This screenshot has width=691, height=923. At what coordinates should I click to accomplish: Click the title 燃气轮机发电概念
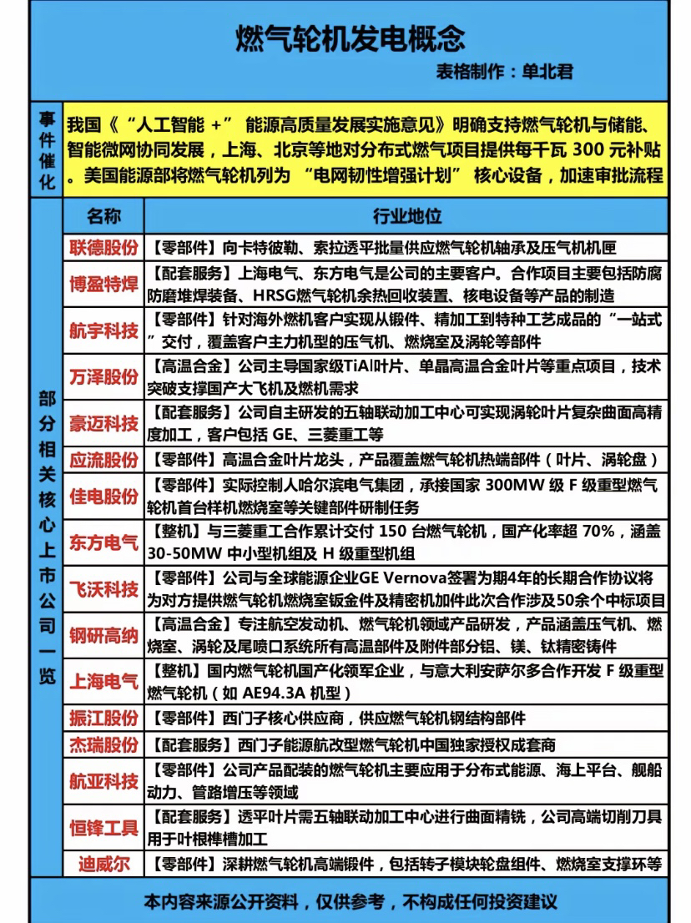[x=345, y=38]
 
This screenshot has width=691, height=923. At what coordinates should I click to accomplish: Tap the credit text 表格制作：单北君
[x=504, y=72]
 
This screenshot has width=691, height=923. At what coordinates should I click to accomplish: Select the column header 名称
[x=103, y=217]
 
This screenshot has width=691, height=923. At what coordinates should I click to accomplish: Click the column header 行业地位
[x=406, y=217]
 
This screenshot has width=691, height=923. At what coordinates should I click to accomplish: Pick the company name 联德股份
[x=103, y=248]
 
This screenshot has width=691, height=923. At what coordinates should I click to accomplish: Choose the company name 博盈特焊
[x=103, y=285]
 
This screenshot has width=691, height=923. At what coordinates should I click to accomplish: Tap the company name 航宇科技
[x=103, y=331]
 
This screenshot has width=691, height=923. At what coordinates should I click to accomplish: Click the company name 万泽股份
[x=103, y=377]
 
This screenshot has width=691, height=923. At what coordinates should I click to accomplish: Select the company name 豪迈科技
[x=103, y=424]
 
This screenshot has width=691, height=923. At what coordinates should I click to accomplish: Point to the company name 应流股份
[x=103, y=460]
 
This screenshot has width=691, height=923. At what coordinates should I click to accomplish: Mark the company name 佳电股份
[x=103, y=497]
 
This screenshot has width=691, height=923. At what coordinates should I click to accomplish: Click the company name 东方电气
[x=103, y=543]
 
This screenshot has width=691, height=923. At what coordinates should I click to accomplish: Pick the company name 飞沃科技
[x=103, y=590]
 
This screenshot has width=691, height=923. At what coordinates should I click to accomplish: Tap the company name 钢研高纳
[x=103, y=636]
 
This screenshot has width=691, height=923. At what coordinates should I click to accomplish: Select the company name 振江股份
[x=103, y=719]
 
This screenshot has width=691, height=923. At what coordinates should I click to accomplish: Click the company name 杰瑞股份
[x=103, y=744]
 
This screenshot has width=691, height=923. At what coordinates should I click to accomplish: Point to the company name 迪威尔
[x=103, y=864]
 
